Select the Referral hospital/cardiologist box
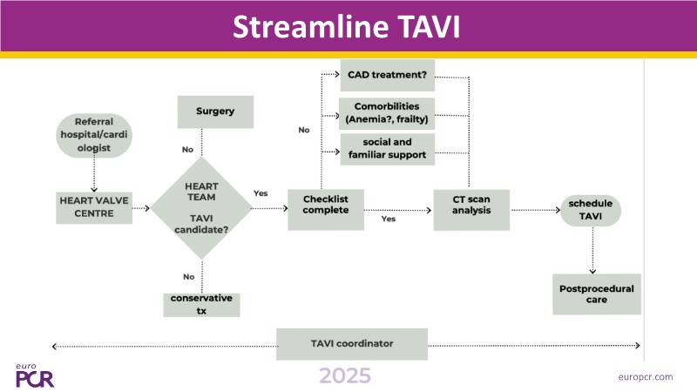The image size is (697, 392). pos(94,135)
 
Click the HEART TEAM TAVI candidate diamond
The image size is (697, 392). pos(201,208)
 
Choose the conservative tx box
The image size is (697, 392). pos(201,304)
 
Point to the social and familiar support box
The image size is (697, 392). pos(387,149)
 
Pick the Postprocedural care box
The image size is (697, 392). pos(597,294)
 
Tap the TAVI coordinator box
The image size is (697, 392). pos(352,343)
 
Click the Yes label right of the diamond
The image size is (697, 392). pos(261,193)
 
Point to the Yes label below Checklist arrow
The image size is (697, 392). pos(388,219)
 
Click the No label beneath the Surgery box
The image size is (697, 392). pos(187,150)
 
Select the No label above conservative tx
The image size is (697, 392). pos(188,276)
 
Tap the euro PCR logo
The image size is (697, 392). pos(33,375)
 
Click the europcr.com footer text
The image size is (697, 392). pos(646,376)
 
